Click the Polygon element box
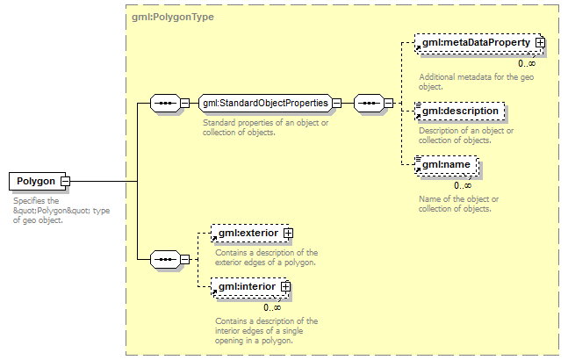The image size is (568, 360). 34,182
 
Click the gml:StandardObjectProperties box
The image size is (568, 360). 265,104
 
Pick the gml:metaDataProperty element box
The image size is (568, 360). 474,42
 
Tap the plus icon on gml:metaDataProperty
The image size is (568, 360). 541,42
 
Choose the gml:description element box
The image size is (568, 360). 460,112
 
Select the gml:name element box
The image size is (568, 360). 447,164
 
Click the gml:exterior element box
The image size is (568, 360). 248,234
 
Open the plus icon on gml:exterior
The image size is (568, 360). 288,234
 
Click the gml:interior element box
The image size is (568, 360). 247,287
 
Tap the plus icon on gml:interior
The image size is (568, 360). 285,287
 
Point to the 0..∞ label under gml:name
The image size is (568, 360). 463,185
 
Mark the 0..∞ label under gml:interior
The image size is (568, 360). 272,307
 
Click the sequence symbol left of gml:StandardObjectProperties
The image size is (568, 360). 164,104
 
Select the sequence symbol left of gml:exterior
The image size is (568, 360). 164,260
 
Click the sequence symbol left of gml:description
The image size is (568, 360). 368,104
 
